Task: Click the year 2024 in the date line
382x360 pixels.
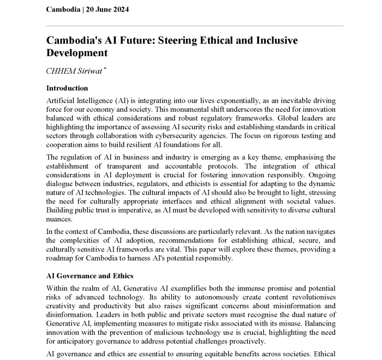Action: point(122,9)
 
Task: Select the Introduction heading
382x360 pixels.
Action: point(67,88)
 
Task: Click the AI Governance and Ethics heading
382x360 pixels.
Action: point(89,276)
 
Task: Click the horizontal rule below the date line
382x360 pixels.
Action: point(195,25)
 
